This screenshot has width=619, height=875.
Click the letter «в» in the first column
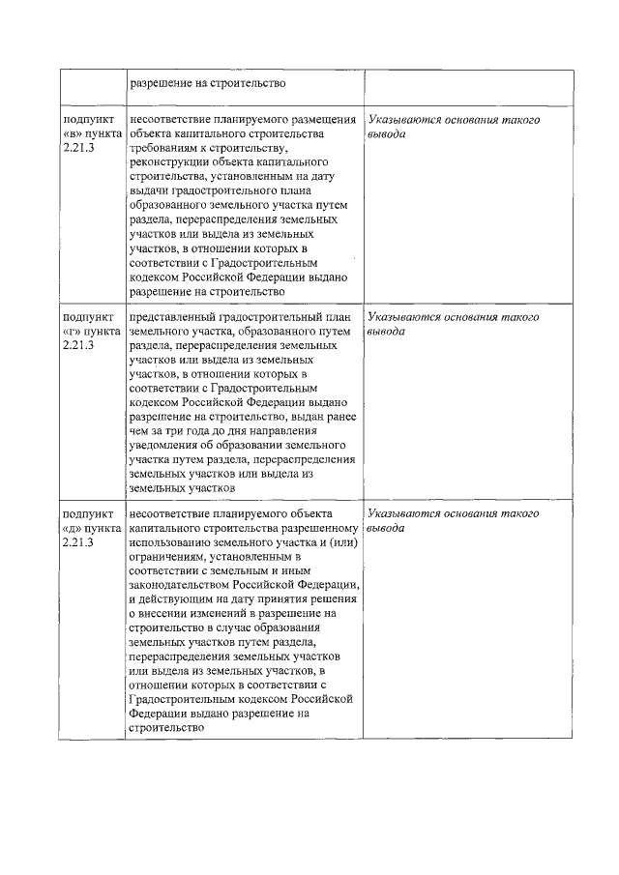(73, 133)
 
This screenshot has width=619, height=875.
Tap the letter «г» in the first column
(73, 332)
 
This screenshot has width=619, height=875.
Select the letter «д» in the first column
(73, 529)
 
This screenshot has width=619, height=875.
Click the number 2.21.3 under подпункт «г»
(78, 345)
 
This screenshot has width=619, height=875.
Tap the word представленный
(177, 317)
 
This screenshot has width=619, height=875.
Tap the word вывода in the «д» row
(387, 529)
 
